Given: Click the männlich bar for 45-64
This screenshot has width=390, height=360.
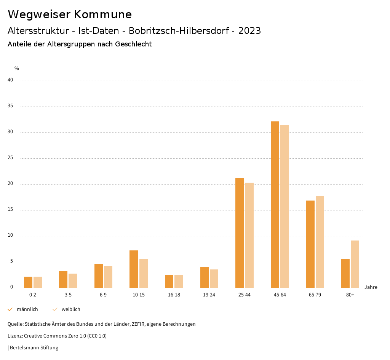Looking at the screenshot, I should (x=275, y=205).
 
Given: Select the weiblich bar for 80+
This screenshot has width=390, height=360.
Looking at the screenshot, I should (x=355, y=264).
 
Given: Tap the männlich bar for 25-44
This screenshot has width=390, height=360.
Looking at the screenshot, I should (x=240, y=233).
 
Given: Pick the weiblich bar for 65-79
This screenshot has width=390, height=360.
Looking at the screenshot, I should (x=320, y=242).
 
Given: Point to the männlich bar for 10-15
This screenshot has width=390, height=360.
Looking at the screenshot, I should (x=134, y=269).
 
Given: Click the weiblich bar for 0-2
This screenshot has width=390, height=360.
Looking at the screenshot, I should (x=38, y=282).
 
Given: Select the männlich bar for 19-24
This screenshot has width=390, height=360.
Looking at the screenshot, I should (x=205, y=277).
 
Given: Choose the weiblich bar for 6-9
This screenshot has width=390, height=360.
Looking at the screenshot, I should (x=108, y=277).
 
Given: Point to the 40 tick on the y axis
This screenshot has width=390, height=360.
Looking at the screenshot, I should (x=10, y=80).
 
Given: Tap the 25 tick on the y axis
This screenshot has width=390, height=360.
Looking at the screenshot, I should (x=10, y=158).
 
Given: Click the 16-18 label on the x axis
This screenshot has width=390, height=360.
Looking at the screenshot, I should (x=174, y=295).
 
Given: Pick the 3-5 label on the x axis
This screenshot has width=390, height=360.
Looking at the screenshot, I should (x=68, y=295).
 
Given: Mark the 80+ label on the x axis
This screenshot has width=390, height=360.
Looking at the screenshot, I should (x=350, y=295).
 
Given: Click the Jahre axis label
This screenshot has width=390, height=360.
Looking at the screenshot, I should (x=371, y=287).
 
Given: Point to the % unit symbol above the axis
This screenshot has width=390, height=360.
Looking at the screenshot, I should (x=17, y=68).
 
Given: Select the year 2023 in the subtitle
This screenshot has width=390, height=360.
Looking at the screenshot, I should (x=249, y=31).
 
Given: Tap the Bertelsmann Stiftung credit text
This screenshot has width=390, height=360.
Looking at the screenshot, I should (x=34, y=348).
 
